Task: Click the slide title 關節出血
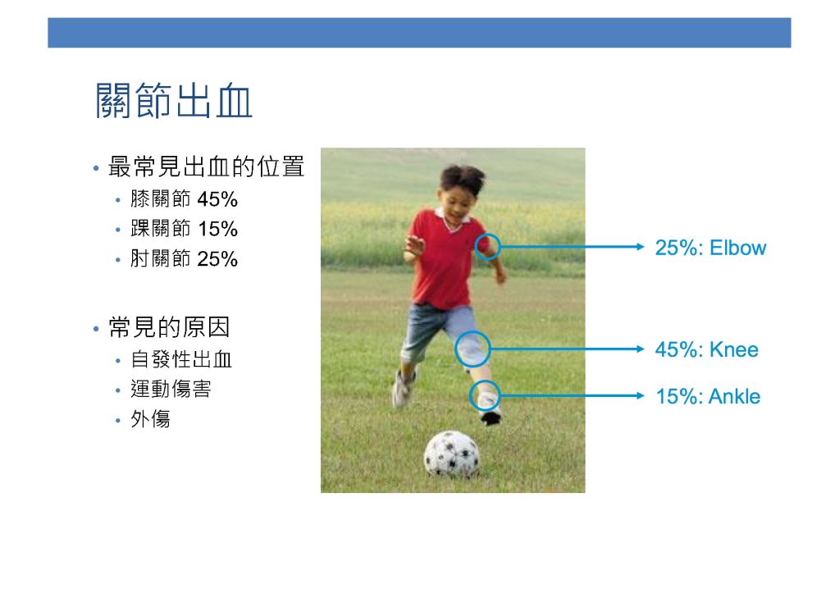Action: coord(174,100)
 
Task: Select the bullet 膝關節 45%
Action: coord(184,199)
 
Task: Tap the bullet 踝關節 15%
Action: coord(184,229)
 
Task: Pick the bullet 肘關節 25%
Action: coord(184,258)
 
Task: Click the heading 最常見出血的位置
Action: coord(206,166)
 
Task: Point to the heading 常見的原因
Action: coord(169,327)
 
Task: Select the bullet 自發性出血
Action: coord(181,359)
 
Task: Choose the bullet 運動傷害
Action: coord(171,389)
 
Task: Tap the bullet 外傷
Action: coord(151,419)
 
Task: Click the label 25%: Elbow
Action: coord(710,248)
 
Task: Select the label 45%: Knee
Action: coord(706,349)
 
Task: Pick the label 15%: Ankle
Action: coord(708,396)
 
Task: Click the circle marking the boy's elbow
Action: coord(475,247)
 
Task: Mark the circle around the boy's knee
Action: coord(455,349)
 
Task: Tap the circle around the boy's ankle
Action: coord(469,396)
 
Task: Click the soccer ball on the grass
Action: coord(452,454)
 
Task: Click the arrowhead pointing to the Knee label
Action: coord(640,349)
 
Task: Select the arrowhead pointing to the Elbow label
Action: coord(640,247)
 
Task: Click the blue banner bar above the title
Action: coord(419,33)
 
